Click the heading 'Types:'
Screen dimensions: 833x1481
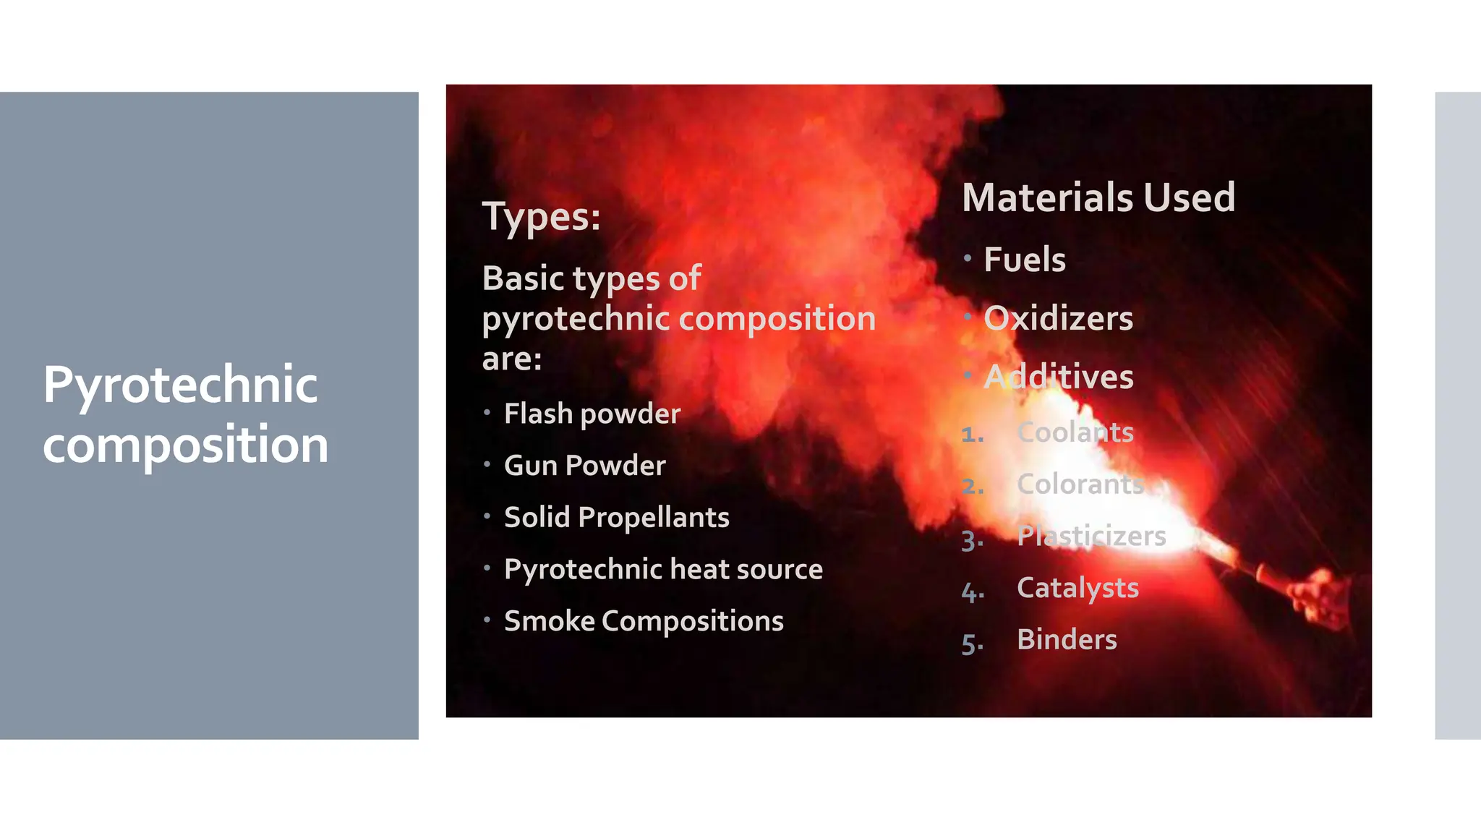pos(541,216)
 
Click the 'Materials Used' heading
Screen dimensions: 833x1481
pos(1098,197)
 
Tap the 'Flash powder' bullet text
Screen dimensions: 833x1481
pos(592,414)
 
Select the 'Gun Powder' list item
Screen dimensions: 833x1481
pos(584,466)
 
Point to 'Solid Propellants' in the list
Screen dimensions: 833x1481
pos(616,518)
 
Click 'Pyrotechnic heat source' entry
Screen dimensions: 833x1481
pos(663,569)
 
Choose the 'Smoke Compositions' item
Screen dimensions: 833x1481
pos(644,621)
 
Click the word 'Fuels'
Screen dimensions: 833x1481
pos(1024,260)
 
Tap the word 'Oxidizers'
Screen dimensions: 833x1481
pos(1058,318)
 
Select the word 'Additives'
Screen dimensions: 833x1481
pos(1058,377)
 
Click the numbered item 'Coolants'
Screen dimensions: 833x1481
pos(1075,432)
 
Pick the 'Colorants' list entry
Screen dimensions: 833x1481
pos(1080,484)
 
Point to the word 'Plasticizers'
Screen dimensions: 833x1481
pos(1091,536)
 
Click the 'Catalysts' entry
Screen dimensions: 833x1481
pos(1077,588)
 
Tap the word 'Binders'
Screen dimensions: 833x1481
pos(1067,640)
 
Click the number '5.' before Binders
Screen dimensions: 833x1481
pos(972,644)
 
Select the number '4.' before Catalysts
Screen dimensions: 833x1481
pos(972,592)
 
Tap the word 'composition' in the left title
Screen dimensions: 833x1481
pos(185,444)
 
